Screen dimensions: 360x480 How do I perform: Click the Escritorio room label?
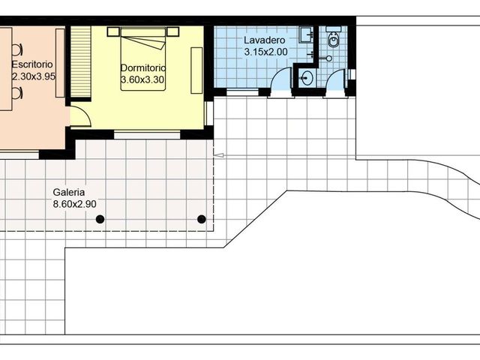(x=31, y=64)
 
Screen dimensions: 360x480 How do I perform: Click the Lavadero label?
(x=263, y=40)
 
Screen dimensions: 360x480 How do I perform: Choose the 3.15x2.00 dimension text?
(x=265, y=52)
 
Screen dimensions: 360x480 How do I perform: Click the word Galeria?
(x=68, y=192)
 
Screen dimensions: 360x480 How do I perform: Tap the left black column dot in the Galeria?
(x=100, y=219)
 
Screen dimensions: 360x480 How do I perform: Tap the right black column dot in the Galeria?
(x=201, y=219)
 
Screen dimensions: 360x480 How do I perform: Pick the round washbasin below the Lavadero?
(x=306, y=76)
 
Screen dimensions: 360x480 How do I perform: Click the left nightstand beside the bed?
(x=113, y=31)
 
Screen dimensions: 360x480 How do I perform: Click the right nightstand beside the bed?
(x=173, y=31)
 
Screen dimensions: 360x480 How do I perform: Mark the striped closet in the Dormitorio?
(x=80, y=64)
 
